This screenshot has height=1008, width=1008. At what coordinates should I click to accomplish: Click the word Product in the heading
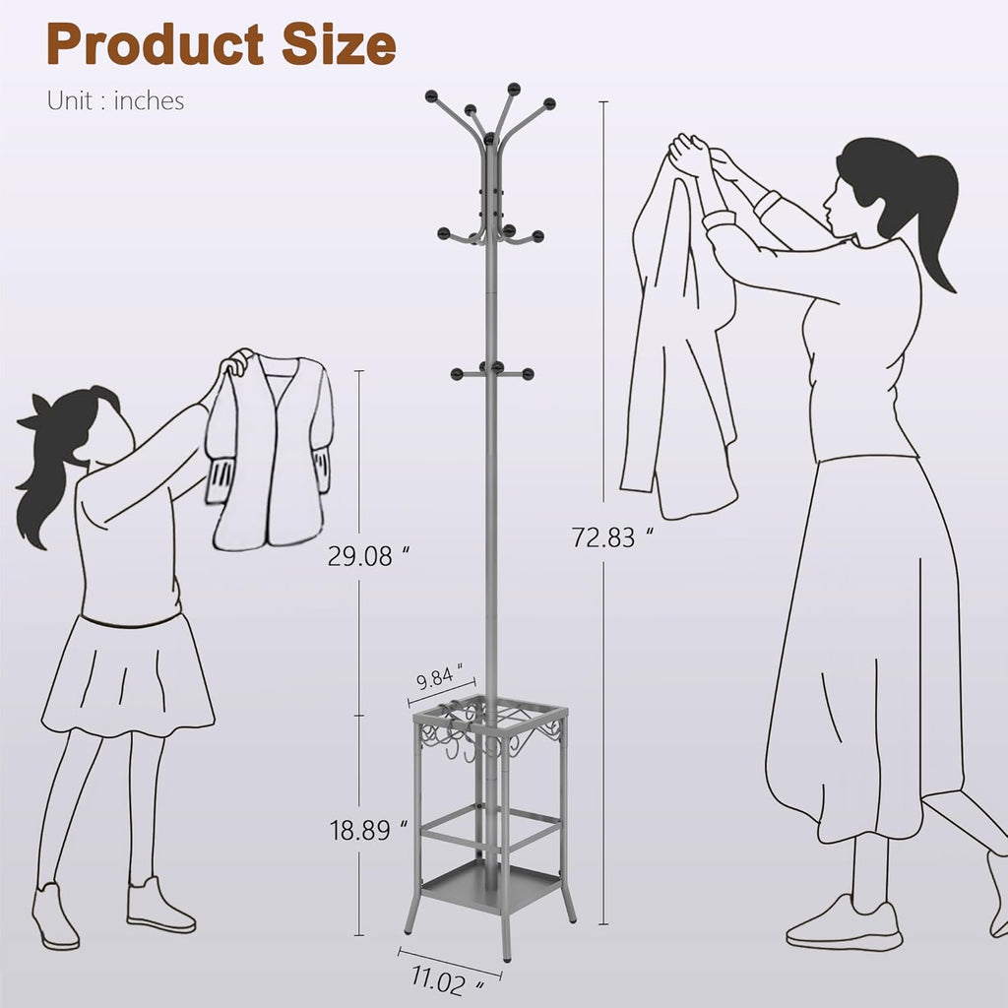pos(156,44)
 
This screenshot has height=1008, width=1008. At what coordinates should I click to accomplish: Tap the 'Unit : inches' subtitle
pos(116,101)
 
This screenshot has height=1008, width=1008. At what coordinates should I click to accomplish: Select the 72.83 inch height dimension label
pos(612,537)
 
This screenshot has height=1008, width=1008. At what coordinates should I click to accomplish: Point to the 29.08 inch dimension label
pos(368,556)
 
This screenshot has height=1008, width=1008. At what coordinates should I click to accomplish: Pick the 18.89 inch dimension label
pos(368,830)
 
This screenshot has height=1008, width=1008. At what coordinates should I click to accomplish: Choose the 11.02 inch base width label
pos(448,981)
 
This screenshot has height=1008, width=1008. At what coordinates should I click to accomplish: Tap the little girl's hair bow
pos(35,415)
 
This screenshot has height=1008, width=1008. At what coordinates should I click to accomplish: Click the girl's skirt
pos(128,675)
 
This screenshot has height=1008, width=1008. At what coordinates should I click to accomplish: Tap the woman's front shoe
pos(846,923)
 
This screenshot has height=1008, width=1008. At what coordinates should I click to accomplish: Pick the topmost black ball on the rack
pos(514,88)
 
